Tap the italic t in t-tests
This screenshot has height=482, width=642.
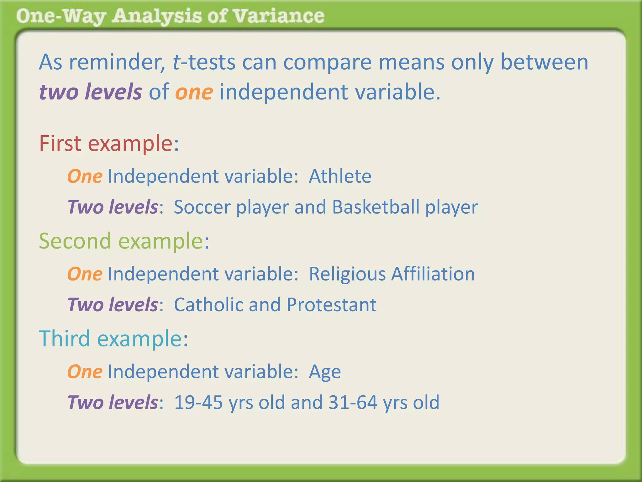pyautogui.click(x=176, y=62)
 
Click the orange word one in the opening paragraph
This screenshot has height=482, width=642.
pyautogui.click(x=194, y=93)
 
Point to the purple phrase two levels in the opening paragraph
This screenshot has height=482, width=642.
pyautogui.click(x=91, y=92)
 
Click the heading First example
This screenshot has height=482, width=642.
pyautogui.click(x=109, y=143)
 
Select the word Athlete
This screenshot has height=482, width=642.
pyautogui.click(x=340, y=176)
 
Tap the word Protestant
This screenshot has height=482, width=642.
pyautogui.click(x=331, y=305)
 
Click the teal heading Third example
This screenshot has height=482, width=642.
pyautogui.click(x=113, y=339)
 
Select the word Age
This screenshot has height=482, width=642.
pyautogui.click(x=325, y=372)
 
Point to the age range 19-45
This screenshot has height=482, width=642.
pyautogui.click(x=198, y=402)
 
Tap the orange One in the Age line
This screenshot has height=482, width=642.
pyautogui.click(x=85, y=372)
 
